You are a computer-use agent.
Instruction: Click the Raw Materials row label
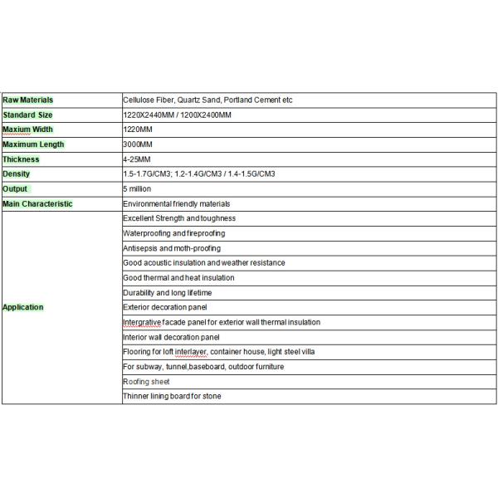[x=28, y=100]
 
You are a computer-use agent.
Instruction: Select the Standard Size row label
[x=28, y=115]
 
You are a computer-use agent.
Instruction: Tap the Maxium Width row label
[x=27, y=129]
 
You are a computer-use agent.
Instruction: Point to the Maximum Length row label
[x=33, y=144]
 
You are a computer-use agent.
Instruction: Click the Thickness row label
[x=21, y=159]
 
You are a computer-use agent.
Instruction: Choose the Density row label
[x=17, y=174]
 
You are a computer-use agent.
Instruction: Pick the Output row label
[x=16, y=189]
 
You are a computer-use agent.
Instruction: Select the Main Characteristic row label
[x=37, y=204]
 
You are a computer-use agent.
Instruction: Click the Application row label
[x=23, y=307]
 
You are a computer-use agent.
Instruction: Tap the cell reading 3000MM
[x=138, y=144]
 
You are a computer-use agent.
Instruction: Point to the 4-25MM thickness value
[x=136, y=159]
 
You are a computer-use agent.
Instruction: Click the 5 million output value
[x=137, y=189]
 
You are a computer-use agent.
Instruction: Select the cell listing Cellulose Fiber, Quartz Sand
[x=207, y=100]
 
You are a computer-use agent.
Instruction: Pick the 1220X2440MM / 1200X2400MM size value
[x=177, y=115]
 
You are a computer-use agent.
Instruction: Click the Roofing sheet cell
[x=146, y=382]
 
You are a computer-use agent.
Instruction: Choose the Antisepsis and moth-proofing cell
[x=173, y=248]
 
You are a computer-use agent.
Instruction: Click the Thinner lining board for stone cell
[x=172, y=397]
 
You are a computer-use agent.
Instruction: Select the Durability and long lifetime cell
[x=167, y=293]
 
